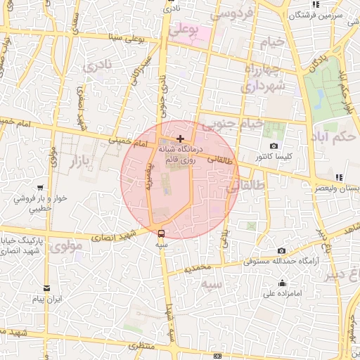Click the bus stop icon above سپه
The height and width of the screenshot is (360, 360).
point(162,233)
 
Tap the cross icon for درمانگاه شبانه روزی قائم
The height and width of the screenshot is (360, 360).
point(181,138)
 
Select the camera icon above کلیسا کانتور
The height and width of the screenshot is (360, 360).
point(274,145)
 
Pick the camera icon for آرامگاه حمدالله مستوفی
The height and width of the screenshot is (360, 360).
point(281,251)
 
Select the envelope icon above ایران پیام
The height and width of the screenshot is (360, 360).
point(47,288)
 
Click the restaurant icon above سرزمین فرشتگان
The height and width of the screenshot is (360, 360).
point(316,4)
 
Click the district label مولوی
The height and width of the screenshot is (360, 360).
point(67,247)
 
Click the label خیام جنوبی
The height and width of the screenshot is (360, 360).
point(233,124)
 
